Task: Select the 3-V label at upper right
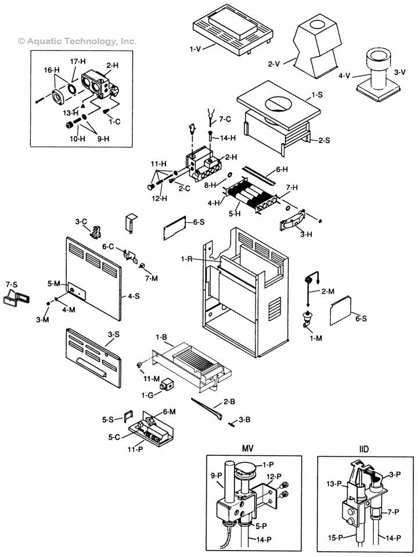point(399,72)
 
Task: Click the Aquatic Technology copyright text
point(77,41)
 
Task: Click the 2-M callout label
point(328,290)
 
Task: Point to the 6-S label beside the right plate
point(361,319)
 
